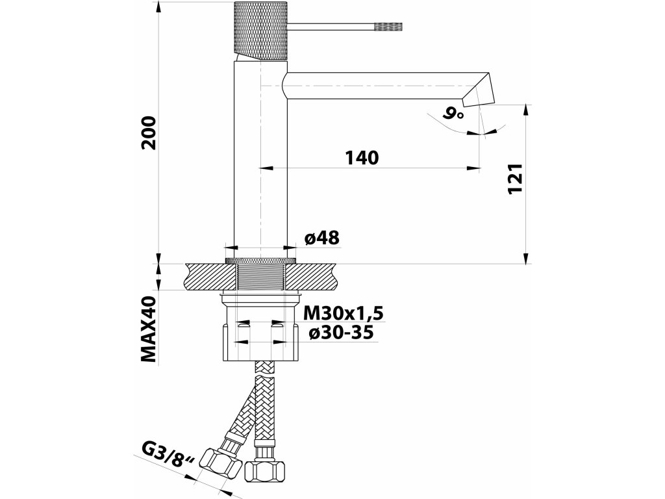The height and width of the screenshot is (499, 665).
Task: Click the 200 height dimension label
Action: point(149,133)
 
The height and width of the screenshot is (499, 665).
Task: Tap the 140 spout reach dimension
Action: point(362,157)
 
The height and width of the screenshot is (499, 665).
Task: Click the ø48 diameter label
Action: point(321,238)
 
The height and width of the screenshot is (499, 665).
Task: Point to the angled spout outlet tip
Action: point(479,91)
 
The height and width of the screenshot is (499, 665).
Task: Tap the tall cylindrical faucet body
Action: point(260,162)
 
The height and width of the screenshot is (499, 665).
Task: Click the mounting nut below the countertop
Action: point(260,331)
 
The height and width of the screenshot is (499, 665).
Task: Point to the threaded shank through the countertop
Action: point(260,277)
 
